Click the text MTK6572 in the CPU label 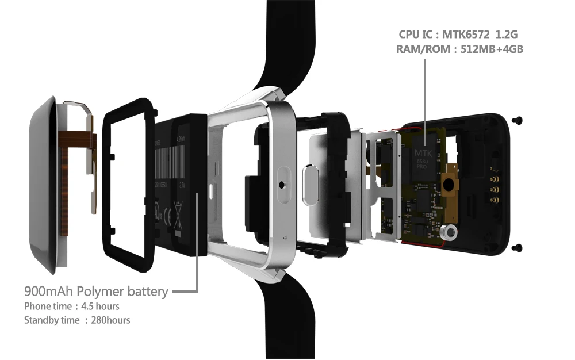pos(467,35)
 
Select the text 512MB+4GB pos(492,49)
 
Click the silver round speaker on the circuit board pos(448,232)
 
